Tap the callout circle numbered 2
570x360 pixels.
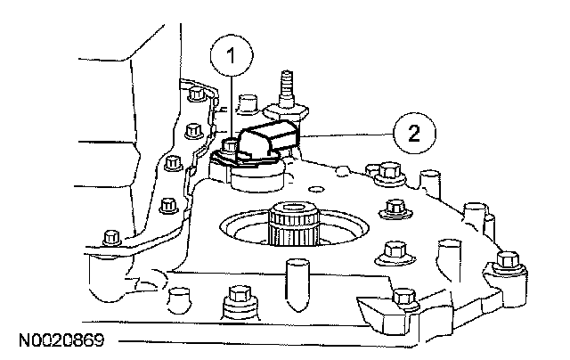tap(411, 135)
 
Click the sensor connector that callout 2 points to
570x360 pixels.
tap(271, 143)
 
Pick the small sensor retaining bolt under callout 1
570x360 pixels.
tap(230, 144)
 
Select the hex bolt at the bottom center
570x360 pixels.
tap(238, 297)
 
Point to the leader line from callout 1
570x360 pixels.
tap(232, 107)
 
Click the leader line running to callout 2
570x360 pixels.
tap(347, 135)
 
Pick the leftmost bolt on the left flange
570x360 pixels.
tap(110, 238)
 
